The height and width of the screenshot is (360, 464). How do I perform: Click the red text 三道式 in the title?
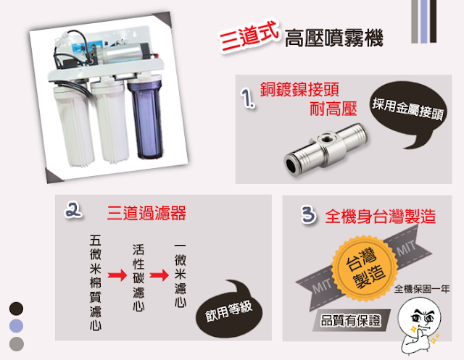point(249,37)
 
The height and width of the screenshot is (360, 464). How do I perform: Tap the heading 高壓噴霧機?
point(333,38)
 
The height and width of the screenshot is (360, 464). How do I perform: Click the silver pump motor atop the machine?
point(124,52)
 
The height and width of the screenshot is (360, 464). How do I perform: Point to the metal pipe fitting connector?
point(326,150)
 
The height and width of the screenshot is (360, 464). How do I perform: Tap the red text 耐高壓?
point(333,109)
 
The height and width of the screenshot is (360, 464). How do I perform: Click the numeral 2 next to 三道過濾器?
point(73,210)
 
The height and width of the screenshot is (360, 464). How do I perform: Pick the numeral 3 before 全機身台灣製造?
point(308,214)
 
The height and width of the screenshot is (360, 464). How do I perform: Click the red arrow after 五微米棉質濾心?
point(117,275)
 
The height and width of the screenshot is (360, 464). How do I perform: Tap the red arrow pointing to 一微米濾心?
point(159,275)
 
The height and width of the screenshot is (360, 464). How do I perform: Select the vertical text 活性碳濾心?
point(138,277)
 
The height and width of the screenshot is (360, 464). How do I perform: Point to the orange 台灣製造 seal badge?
point(365,268)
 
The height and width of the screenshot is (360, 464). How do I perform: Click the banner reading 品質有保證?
point(351,320)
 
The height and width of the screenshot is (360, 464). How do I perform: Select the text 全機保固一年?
point(422,288)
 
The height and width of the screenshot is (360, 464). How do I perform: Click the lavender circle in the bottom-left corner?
point(16,326)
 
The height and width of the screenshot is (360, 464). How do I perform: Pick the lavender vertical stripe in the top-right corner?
point(423,21)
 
